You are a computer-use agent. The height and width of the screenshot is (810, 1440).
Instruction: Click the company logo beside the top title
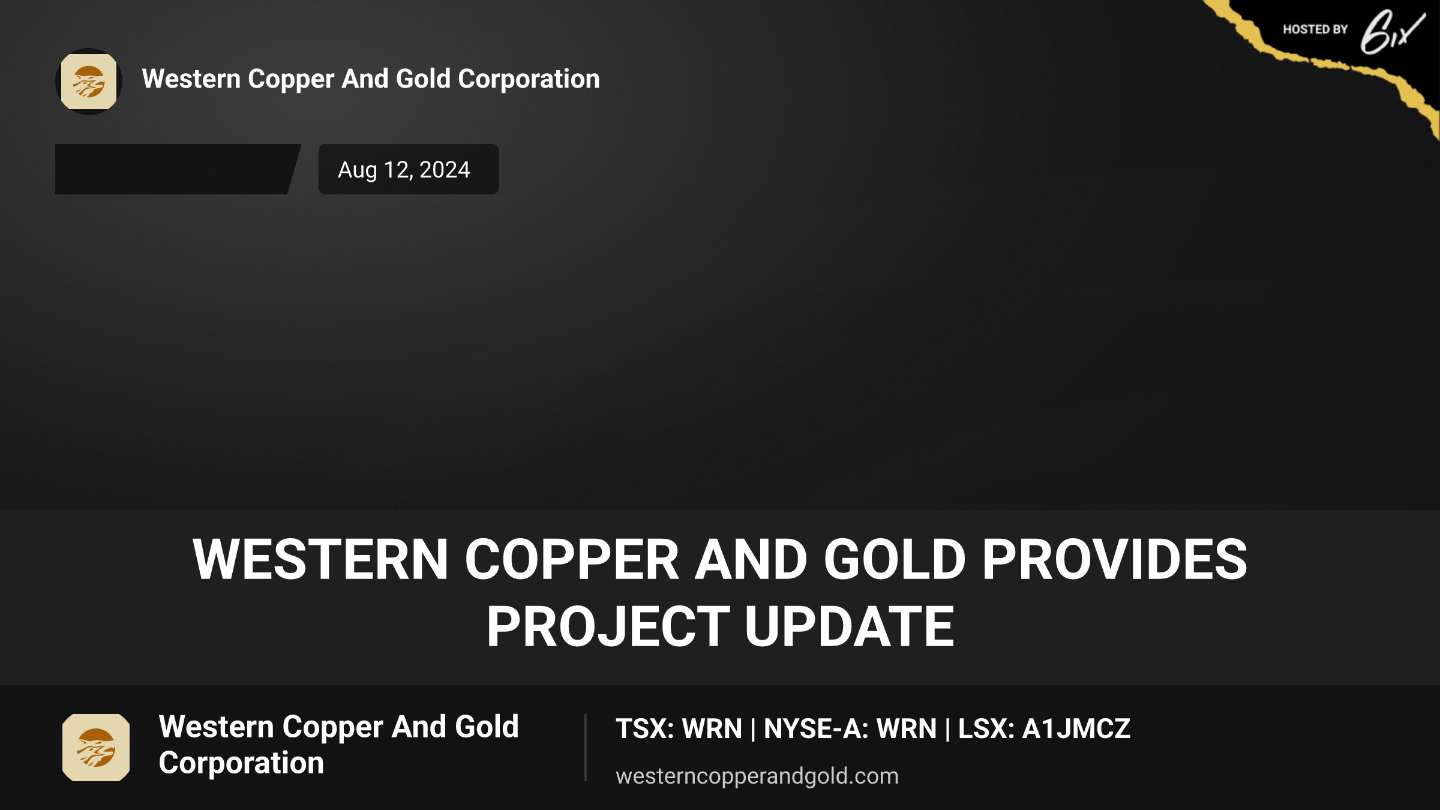(89, 82)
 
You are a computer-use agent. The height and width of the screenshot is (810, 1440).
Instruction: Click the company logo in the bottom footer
(96, 747)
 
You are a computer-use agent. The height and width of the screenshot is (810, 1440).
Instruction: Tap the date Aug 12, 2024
(404, 170)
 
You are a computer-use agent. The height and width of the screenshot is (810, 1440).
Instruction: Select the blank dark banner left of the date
(178, 169)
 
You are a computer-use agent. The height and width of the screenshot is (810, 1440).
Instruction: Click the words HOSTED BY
(1315, 29)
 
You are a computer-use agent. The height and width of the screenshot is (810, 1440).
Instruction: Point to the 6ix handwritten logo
(1392, 32)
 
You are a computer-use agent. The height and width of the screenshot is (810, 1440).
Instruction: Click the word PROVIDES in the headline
(1114, 559)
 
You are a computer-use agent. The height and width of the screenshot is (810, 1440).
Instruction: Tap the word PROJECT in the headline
(608, 626)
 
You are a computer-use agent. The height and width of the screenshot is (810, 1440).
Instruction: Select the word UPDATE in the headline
(849, 626)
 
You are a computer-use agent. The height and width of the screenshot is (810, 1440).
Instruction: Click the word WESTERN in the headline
(320, 559)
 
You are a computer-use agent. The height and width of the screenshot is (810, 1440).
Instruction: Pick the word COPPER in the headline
(572, 559)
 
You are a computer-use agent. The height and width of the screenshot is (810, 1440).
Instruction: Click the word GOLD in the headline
(895, 559)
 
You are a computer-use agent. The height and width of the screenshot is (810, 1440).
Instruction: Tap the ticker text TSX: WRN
(679, 728)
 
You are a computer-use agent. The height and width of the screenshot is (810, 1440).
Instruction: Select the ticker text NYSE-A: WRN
(850, 728)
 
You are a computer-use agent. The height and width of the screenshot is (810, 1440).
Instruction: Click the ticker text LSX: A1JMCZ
(1044, 728)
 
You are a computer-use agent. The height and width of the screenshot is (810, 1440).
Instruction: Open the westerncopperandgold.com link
(757, 776)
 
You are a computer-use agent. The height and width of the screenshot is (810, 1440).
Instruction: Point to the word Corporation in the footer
(241, 763)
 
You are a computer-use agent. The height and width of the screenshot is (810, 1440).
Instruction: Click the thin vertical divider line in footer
(585, 748)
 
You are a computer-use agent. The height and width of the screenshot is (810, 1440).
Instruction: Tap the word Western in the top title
(191, 79)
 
